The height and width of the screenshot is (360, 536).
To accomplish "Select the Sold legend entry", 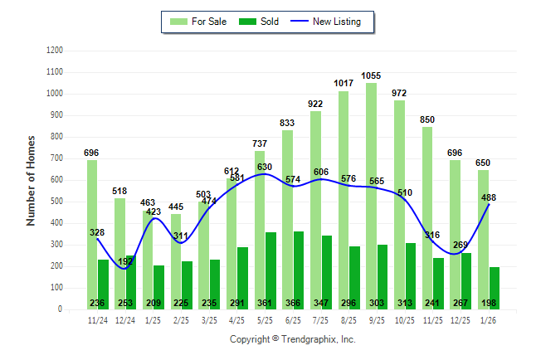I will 262,22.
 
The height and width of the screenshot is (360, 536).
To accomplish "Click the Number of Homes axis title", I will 32,180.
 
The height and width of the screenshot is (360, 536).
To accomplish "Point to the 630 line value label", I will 265,167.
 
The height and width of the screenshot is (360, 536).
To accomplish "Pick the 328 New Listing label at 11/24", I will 97,232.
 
